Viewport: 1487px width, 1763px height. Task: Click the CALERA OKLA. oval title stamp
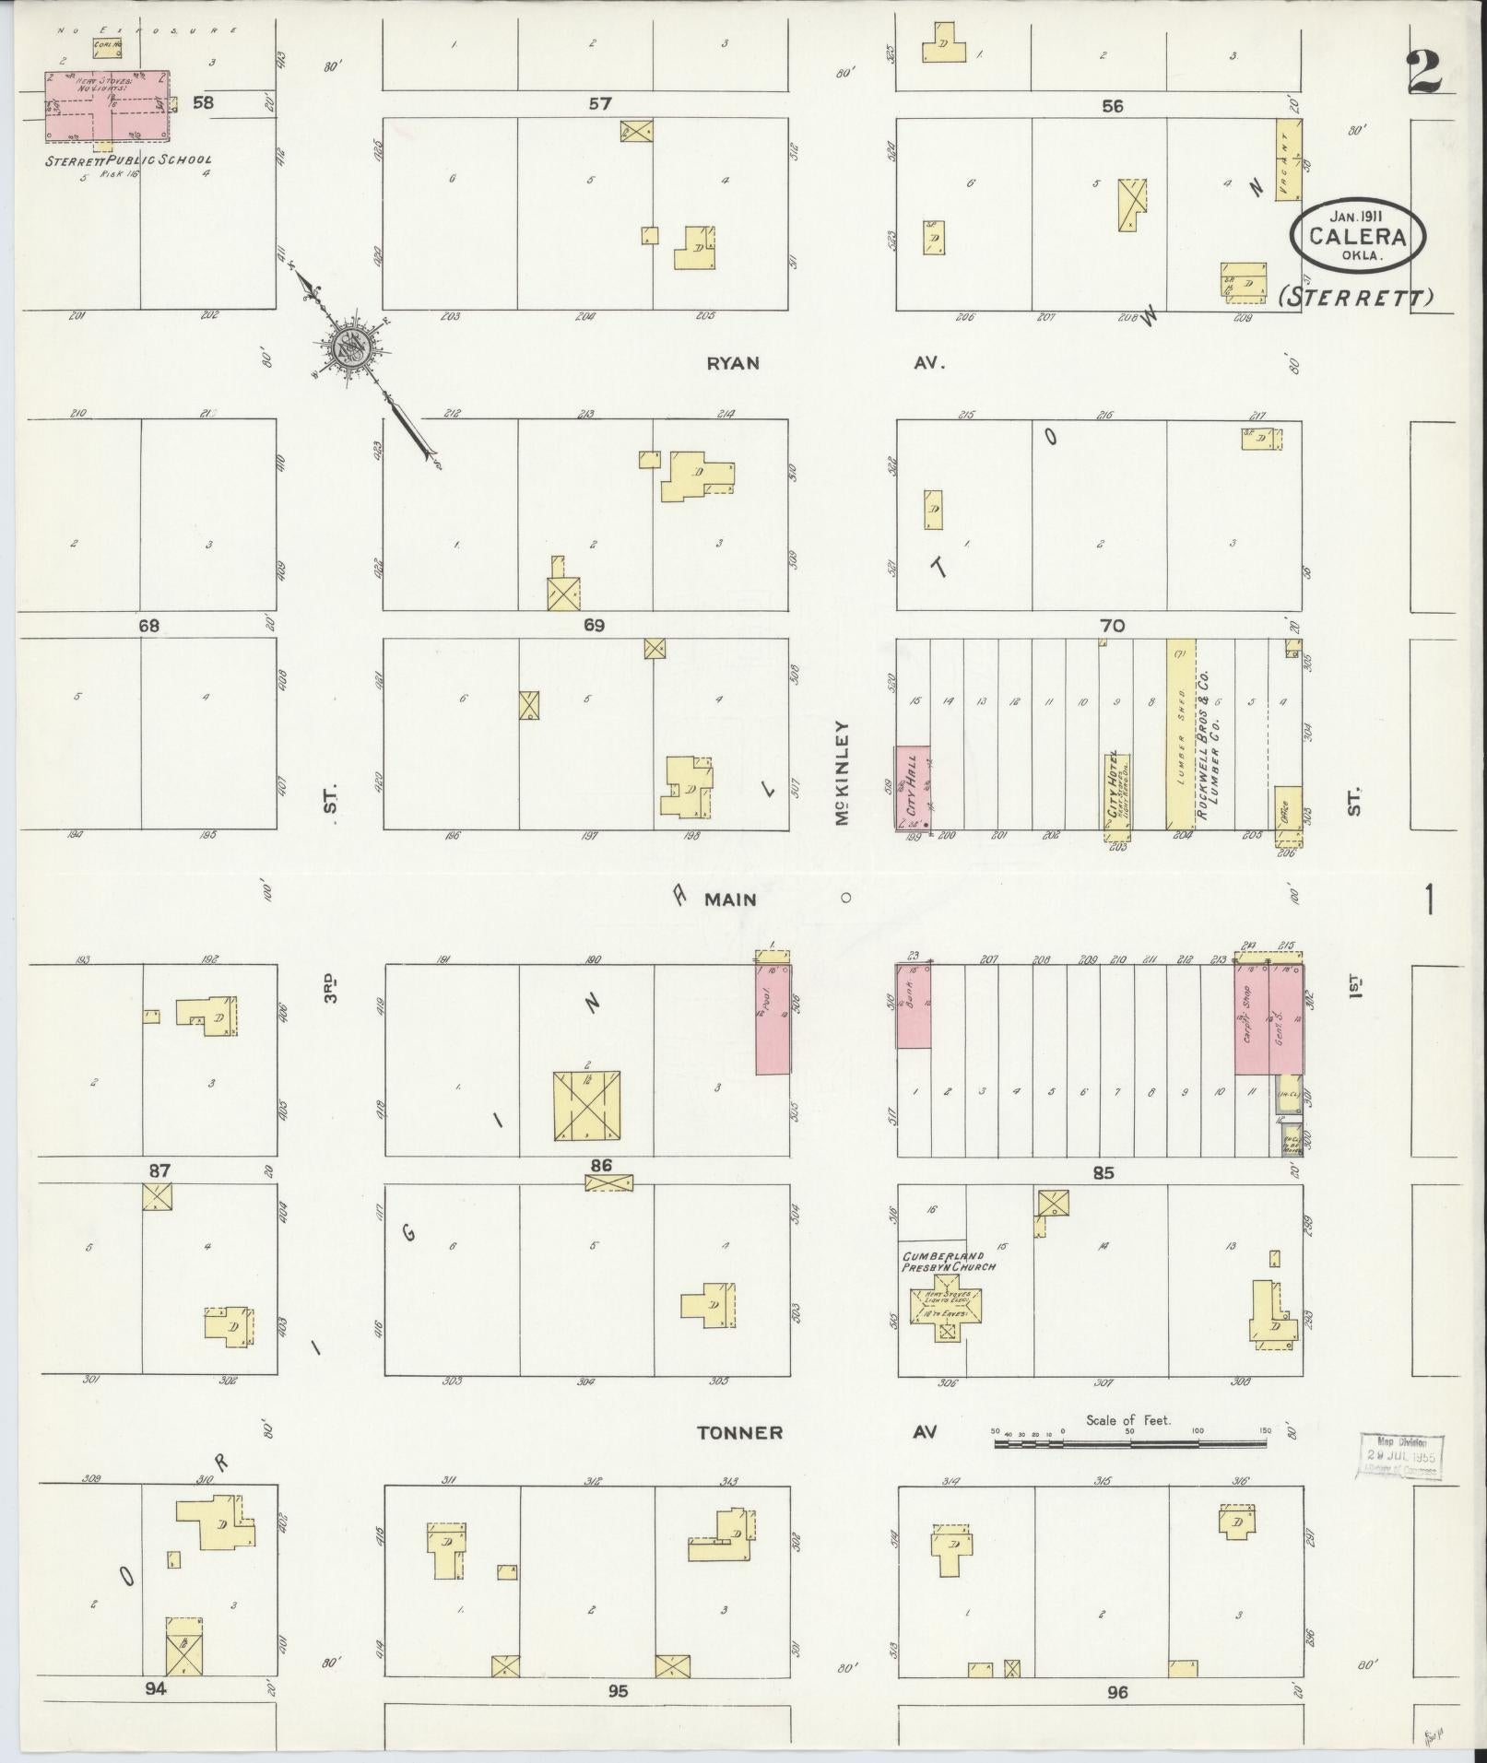[1358, 236]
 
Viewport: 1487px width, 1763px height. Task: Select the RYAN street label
[733, 363]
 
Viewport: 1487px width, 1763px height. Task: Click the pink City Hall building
[912, 787]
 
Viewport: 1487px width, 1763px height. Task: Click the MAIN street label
[730, 899]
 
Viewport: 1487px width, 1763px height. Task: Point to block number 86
[600, 1165]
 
